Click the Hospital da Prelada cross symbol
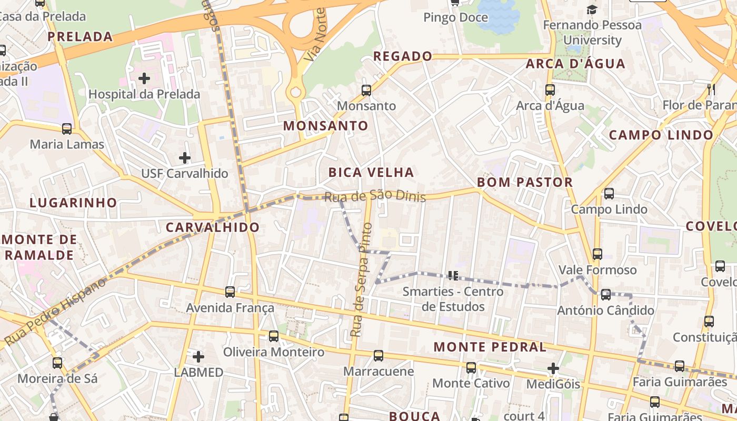coord(144,79)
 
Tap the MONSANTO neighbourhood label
coord(325,126)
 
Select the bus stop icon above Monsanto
coord(366,91)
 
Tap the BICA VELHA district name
coord(371,172)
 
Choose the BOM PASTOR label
coord(524,182)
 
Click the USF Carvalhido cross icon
coord(185,158)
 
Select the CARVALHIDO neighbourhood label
coord(212,227)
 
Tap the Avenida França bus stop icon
coord(230,292)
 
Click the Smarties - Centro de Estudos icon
coord(453,275)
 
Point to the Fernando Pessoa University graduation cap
coord(592,9)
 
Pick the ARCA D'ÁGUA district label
coord(575,64)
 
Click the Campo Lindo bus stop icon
coord(609,194)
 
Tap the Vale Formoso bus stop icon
coord(597,254)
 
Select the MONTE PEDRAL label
coord(490,347)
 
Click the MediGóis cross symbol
coord(553,368)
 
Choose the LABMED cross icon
coord(198,357)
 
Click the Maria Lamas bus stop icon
coord(67,129)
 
